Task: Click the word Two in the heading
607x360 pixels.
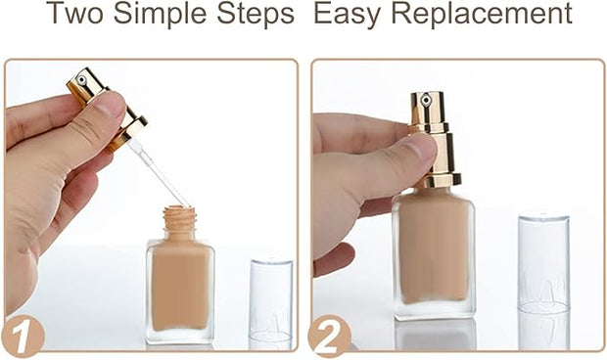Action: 75,13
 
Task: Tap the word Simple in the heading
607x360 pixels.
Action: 161,15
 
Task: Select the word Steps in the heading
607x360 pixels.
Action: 256,15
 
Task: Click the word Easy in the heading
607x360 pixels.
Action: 349,15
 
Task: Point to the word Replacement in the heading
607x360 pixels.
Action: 482,15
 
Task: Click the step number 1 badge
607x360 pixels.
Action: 23,336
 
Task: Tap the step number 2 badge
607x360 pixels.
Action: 329,336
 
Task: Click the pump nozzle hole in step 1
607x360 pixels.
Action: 81,80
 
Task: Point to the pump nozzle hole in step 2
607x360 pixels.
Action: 426,100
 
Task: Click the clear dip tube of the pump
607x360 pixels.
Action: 159,174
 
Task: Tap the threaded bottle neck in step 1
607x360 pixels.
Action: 179,221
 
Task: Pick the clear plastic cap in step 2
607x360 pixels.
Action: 543,262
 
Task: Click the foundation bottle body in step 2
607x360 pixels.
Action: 434,253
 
